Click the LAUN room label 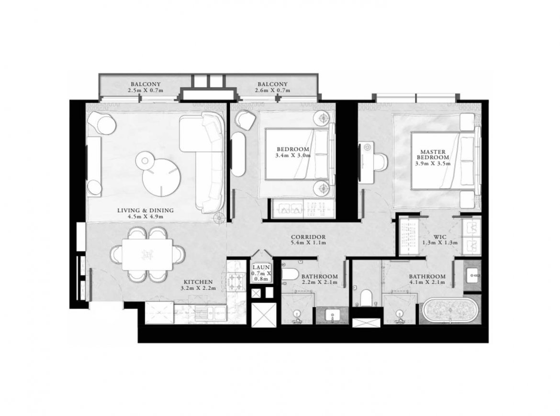261,267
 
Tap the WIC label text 440,237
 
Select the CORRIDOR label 308,237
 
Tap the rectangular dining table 147,254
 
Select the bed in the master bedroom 444,161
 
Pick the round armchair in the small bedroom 246,120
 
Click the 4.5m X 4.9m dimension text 146,217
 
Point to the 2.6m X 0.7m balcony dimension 272,90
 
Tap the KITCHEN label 199,282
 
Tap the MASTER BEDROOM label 433,154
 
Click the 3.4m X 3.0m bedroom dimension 293,155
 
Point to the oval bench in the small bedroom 238,153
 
